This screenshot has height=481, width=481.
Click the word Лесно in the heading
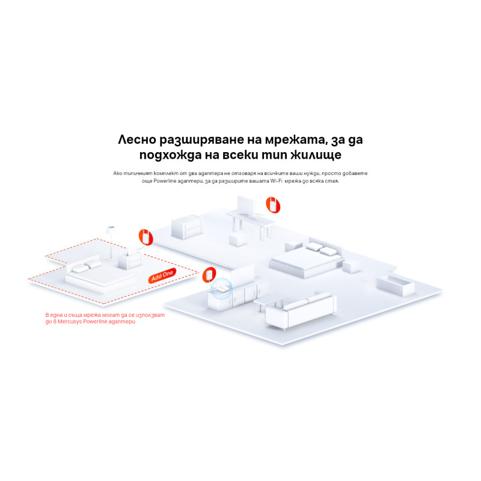click(x=138, y=140)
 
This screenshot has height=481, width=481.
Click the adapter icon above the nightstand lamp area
click(x=145, y=237)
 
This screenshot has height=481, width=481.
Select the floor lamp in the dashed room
click(x=111, y=240)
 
